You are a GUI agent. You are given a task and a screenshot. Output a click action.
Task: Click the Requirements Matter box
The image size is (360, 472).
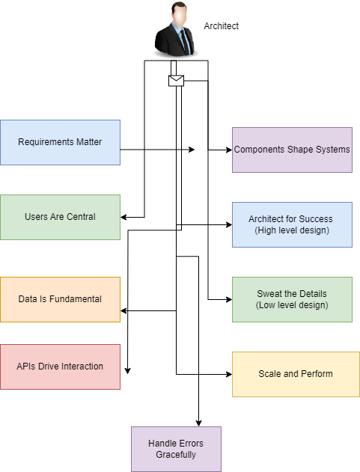pyautogui.click(x=60, y=142)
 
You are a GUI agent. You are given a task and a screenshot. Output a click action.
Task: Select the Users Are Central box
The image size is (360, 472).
pyautogui.click(x=60, y=217)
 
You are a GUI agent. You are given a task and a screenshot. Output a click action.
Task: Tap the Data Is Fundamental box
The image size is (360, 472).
pyautogui.click(x=60, y=299)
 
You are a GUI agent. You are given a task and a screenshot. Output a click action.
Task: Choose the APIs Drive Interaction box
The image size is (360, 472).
pyautogui.click(x=60, y=367)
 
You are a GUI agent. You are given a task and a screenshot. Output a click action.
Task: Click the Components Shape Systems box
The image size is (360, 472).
pyautogui.click(x=292, y=150)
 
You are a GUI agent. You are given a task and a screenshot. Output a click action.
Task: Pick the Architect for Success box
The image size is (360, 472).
pyautogui.click(x=292, y=224)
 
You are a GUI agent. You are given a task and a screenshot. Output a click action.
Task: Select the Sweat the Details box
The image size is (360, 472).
pyautogui.click(x=292, y=299)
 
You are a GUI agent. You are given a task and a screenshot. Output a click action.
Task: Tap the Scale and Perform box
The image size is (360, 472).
pyautogui.click(x=296, y=373)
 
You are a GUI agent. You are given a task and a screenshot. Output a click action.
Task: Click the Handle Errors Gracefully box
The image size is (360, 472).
pyautogui.click(x=176, y=449)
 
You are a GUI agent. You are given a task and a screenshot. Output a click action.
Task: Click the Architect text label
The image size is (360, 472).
pyautogui.click(x=222, y=26)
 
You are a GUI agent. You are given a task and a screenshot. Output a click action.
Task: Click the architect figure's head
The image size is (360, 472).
pyautogui.click(x=177, y=13)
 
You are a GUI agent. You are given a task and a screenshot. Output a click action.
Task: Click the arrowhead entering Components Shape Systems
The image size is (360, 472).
pyautogui.click(x=228, y=150)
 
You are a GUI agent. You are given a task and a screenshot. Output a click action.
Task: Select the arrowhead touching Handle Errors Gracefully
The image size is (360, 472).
pyautogui.click(x=198, y=423)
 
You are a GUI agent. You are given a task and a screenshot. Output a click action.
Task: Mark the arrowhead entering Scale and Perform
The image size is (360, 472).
pyautogui.click(x=228, y=373)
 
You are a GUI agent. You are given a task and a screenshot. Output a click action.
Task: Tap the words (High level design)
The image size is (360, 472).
pyautogui.click(x=291, y=230)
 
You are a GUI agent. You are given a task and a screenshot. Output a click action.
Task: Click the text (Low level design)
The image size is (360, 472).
pyautogui.click(x=291, y=305)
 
